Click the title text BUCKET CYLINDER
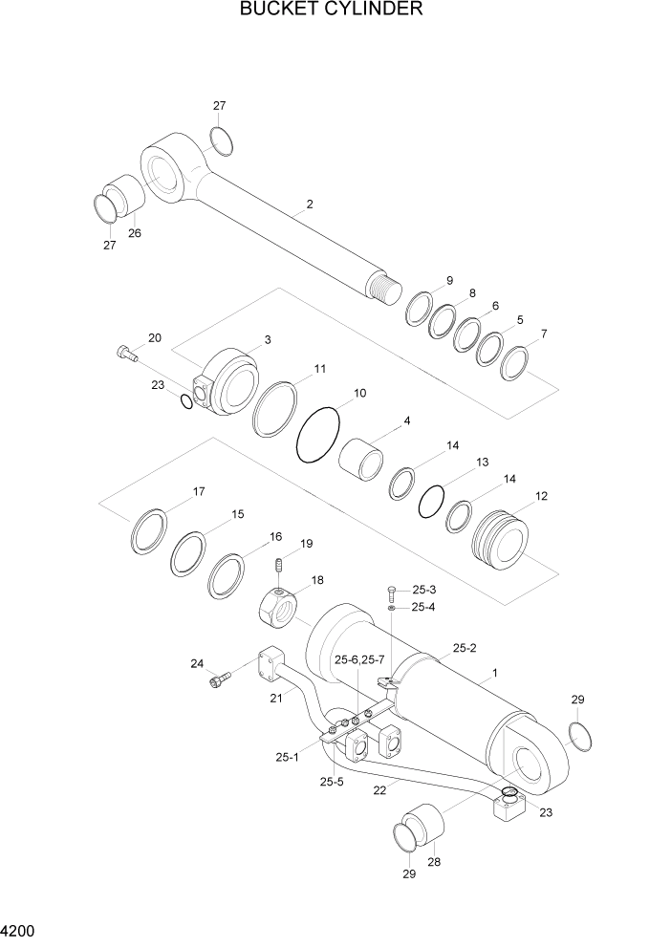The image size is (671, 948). pyautogui.click(x=332, y=11)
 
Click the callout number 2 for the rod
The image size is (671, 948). pyautogui.click(x=310, y=205)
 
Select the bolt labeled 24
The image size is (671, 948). pyautogui.click(x=217, y=679)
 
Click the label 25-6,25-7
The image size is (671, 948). pyautogui.click(x=359, y=659)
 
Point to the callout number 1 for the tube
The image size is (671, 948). pyautogui.click(x=493, y=674)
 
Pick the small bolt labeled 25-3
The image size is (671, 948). pyautogui.click(x=391, y=593)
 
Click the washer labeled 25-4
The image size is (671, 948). pyautogui.click(x=392, y=608)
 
